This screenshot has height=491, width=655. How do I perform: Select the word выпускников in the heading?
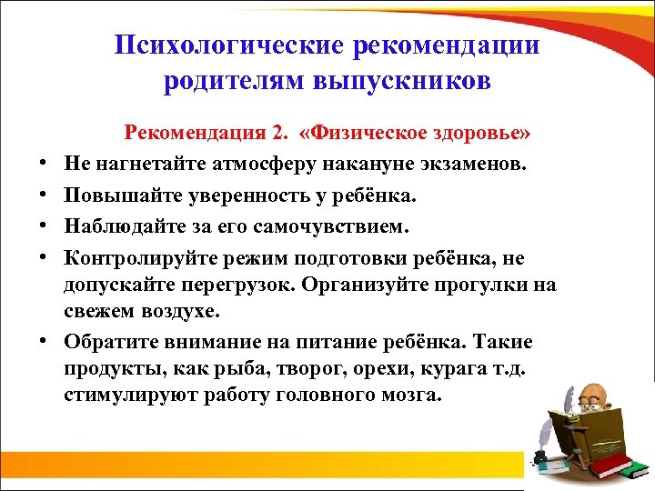pyautogui.click(x=405, y=81)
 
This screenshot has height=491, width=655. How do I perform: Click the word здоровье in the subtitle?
pyautogui.click(x=479, y=135)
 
